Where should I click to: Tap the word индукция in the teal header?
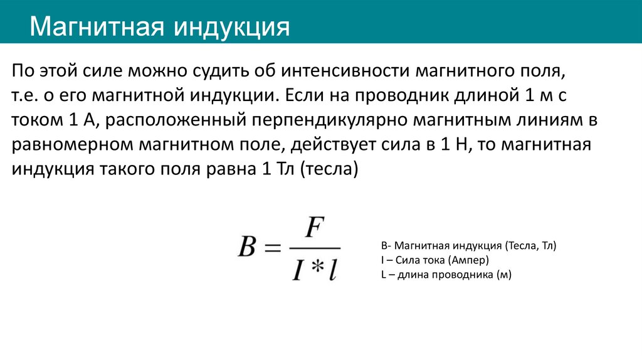[233, 27]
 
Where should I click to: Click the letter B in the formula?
[248, 246]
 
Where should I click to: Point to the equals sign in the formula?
[273, 247]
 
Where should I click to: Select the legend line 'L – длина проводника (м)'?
[446, 274]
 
